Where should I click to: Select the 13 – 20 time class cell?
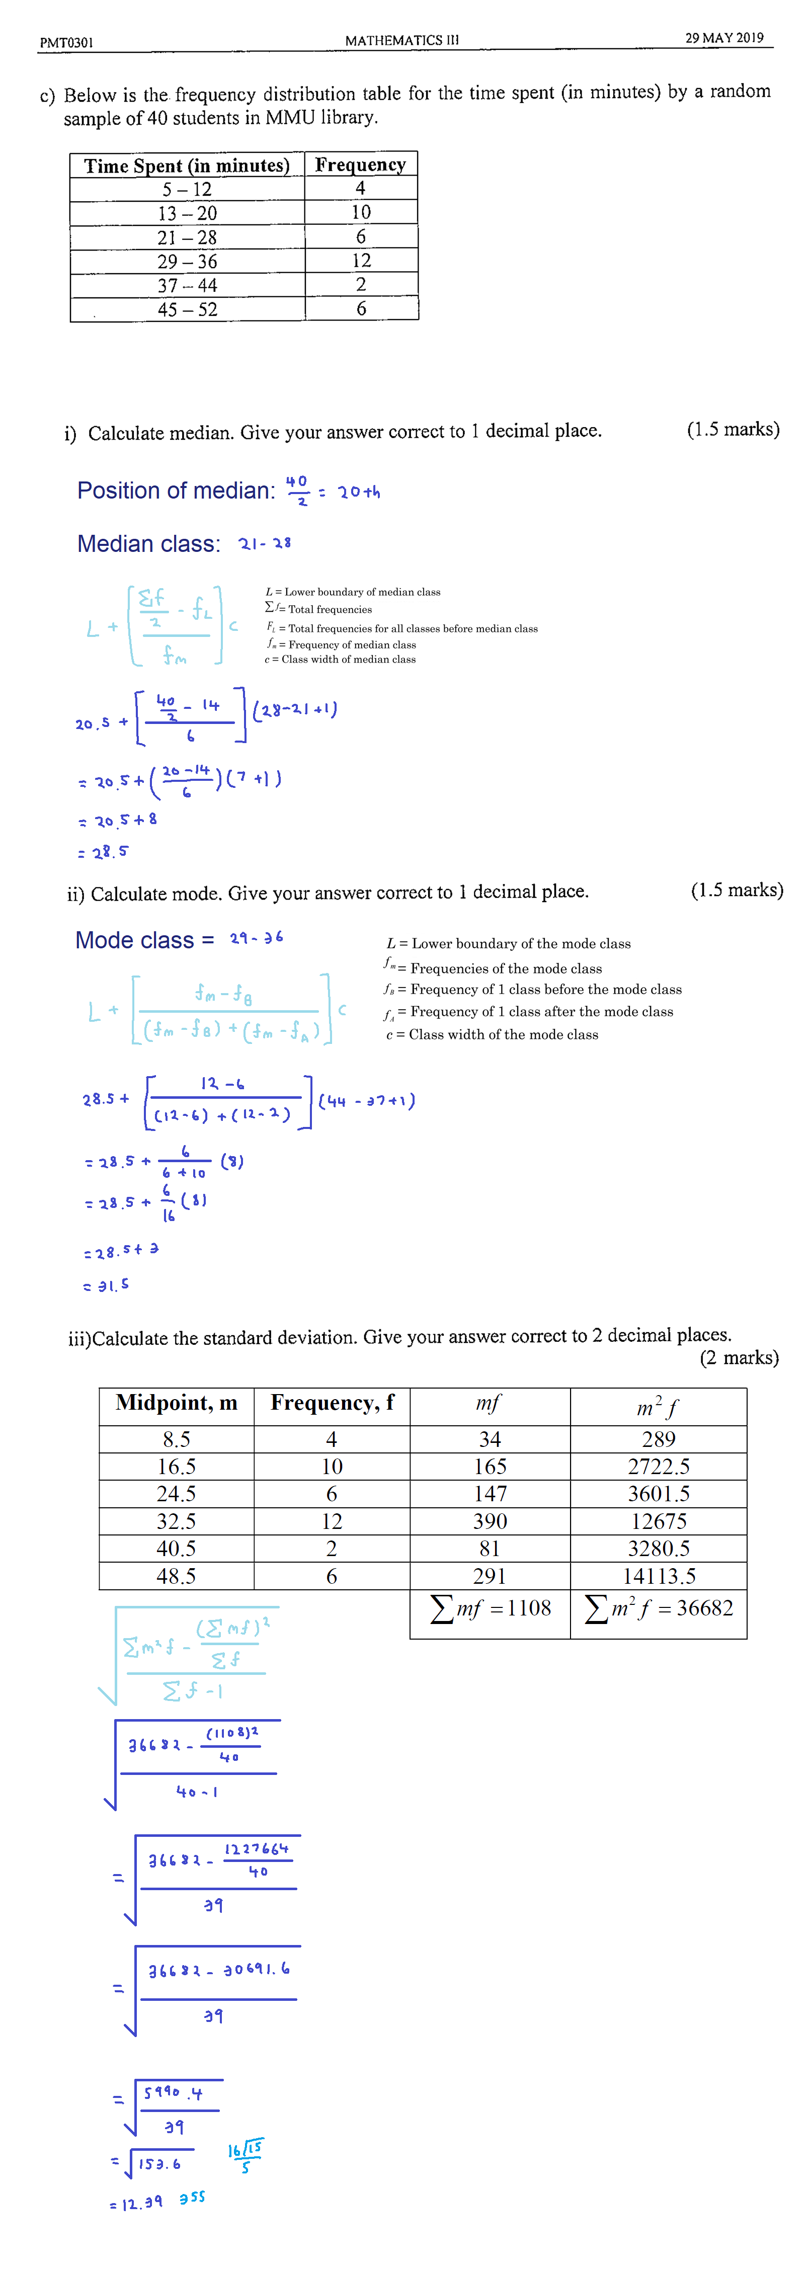(187, 213)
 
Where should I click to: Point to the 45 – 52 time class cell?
(187, 309)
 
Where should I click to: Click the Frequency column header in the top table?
(361, 165)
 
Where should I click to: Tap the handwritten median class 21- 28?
(265, 543)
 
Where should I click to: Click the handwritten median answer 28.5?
(109, 852)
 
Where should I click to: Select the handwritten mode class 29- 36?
(257, 937)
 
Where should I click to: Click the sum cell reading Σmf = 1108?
(490, 1609)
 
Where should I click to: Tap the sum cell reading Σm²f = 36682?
(659, 1609)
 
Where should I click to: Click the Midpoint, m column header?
(176, 1403)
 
